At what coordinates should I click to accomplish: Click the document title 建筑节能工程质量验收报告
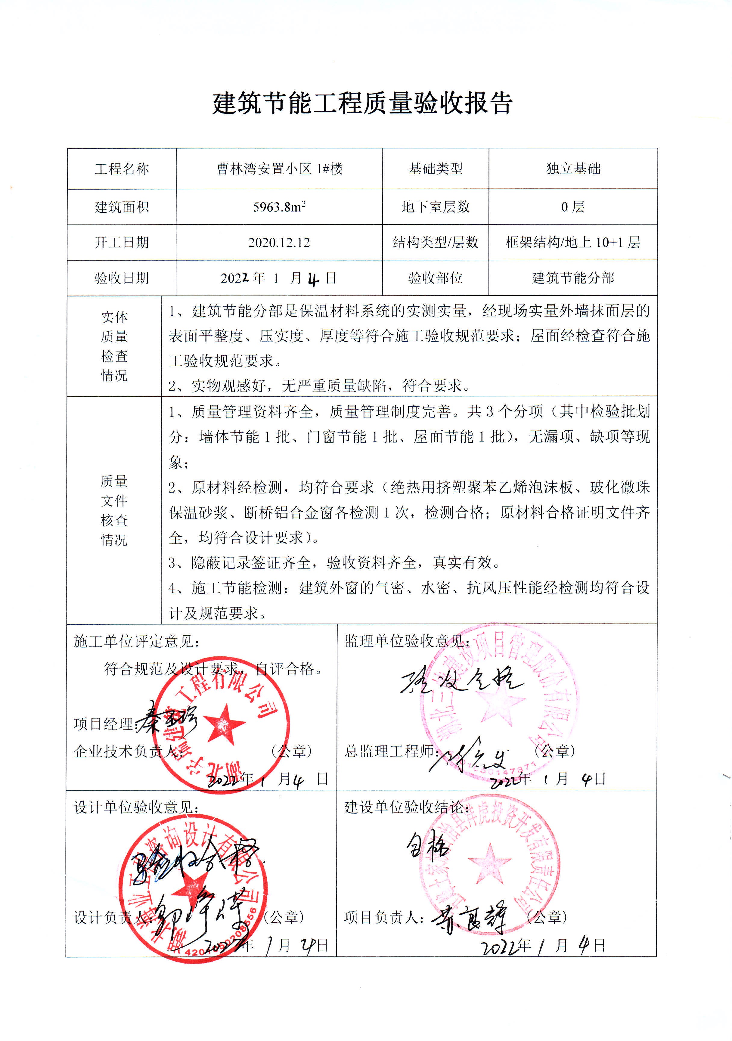(363, 103)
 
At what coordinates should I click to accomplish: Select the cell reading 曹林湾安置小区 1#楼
(279, 169)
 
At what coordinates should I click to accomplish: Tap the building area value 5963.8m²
(279, 207)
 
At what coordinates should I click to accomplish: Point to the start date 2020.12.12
(279, 243)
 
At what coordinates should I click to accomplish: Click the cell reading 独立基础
(573, 169)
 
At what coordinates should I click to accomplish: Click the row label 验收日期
(122, 278)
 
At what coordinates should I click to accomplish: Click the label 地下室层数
(436, 207)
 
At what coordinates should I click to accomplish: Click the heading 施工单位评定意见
(136, 642)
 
